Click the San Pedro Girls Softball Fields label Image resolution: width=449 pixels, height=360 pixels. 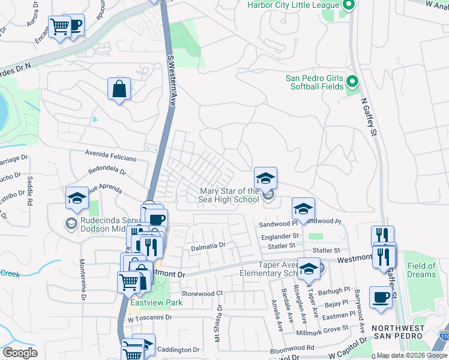point(314,82)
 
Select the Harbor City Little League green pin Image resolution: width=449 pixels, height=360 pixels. point(349,6)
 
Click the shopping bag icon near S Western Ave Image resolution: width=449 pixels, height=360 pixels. point(119,89)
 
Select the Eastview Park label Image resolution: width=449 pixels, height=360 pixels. point(156,303)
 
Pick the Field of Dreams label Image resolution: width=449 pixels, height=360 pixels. point(421,270)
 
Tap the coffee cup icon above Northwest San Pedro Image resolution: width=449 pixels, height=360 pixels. point(381,298)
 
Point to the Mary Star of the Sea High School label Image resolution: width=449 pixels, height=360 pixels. point(229,195)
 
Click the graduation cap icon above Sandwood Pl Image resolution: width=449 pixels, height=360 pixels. point(303,209)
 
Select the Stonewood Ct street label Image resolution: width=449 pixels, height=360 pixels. point(202,293)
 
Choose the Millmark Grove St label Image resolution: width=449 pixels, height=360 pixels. point(324,328)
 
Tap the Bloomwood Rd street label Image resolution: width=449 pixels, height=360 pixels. point(292,348)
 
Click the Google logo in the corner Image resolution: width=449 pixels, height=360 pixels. point(20,353)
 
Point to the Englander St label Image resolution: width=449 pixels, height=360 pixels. point(279,237)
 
